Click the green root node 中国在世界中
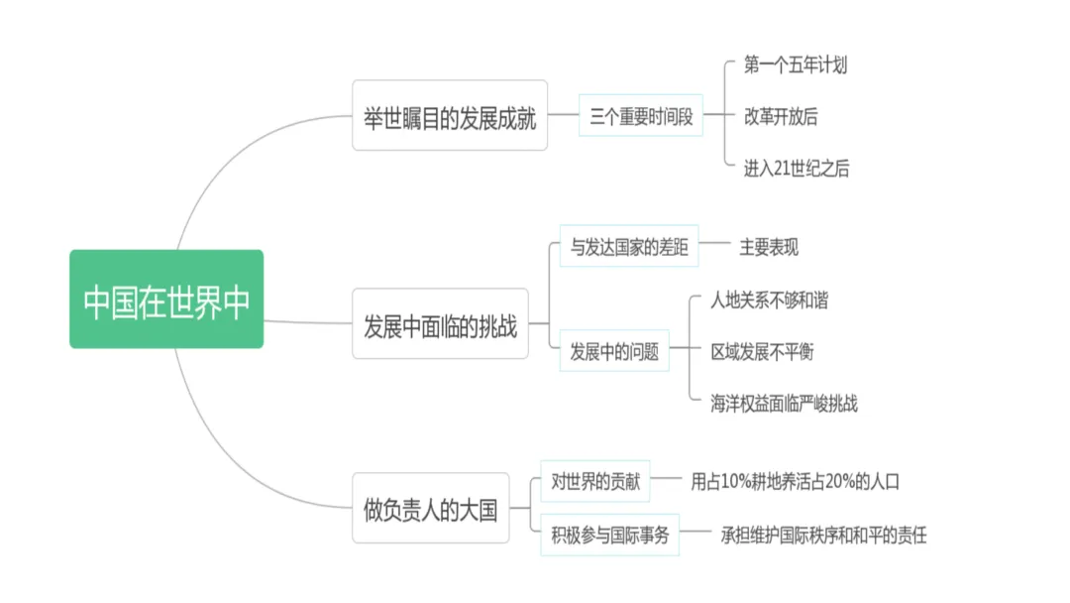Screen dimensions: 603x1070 tap(166, 300)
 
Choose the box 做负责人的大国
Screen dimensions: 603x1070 tap(431, 508)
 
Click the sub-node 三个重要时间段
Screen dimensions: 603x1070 tap(641, 115)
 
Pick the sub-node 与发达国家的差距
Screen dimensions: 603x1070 tap(629, 246)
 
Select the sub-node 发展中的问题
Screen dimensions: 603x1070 tap(614, 350)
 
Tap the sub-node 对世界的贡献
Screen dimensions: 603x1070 tap(595, 482)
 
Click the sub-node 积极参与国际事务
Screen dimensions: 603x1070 tap(610, 536)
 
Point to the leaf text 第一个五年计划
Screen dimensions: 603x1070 tap(796, 65)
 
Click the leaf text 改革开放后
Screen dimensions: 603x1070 tap(781, 116)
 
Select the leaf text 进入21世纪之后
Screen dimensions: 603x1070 tap(797, 169)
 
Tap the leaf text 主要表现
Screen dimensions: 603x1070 tap(769, 247)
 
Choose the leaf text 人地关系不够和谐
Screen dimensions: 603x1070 tap(769, 300)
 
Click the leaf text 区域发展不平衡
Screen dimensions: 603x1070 tap(762, 351)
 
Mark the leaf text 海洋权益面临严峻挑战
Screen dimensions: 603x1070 tap(784, 403)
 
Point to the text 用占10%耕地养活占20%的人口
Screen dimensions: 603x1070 tap(796, 482)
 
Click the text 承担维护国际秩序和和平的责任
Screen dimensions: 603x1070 tap(824, 536)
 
